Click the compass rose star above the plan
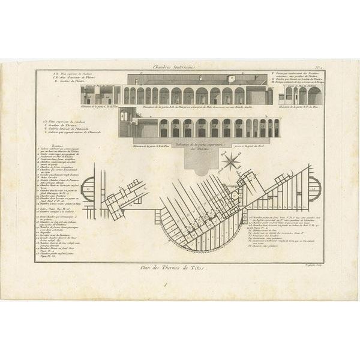point(230,161)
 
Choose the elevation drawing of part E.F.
point(304,95)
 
